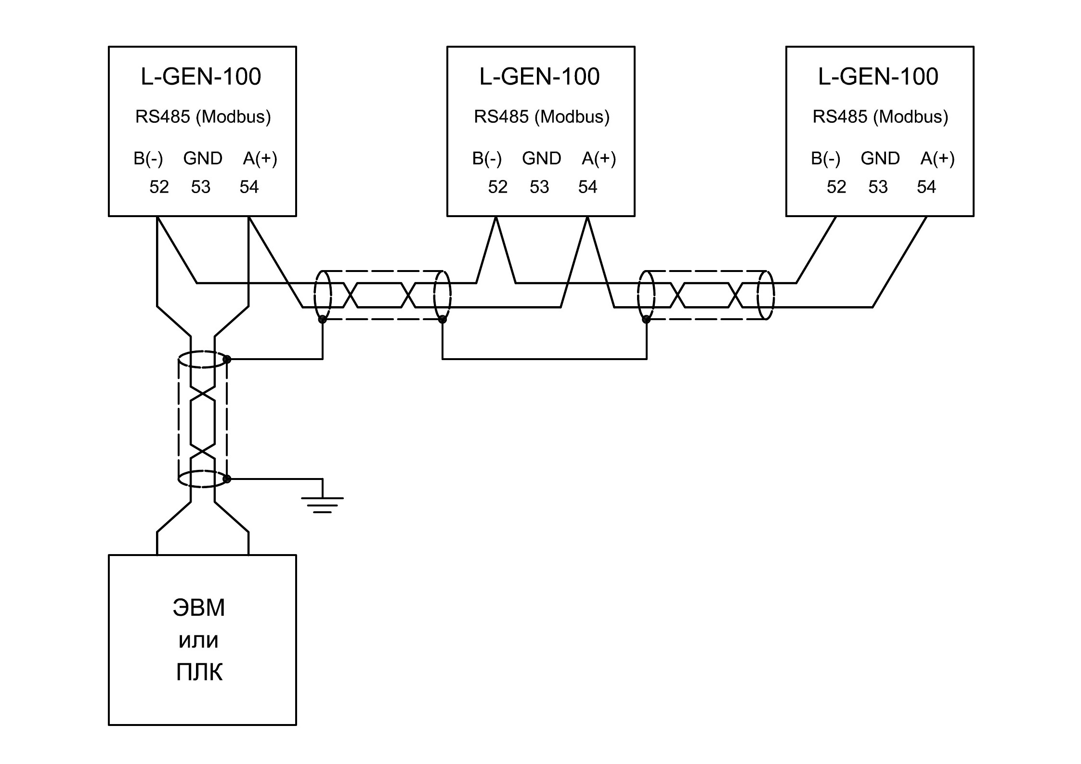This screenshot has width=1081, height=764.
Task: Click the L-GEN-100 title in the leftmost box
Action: pyautogui.click(x=201, y=77)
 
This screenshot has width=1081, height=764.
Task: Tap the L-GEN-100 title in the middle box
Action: pyautogui.click(x=539, y=77)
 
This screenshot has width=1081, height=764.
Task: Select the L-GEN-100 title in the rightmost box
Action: pyautogui.click(x=878, y=77)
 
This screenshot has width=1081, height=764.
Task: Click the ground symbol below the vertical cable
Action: pyautogui.click(x=322, y=505)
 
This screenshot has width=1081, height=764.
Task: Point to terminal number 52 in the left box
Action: pyautogui.click(x=159, y=187)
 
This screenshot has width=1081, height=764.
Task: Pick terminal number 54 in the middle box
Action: pyautogui.click(x=587, y=187)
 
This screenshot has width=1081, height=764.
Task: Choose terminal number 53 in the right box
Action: pyautogui.click(x=878, y=187)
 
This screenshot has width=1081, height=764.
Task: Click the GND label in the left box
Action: pyautogui.click(x=203, y=158)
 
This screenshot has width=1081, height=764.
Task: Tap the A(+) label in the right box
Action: pyautogui.click(x=938, y=158)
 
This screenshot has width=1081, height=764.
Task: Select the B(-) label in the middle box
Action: pyautogui.click(x=487, y=158)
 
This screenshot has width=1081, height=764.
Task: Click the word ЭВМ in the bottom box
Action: pyautogui.click(x=199, y=608)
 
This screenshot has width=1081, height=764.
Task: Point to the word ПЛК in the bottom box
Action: pyautogui.click(x=199, y=672)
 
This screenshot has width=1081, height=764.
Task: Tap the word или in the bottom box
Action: pyautogui.click(x=199, y=641)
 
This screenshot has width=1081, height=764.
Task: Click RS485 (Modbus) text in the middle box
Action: pyautogui.click(x=542, y=117)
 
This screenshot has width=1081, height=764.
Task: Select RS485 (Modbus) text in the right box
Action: pyautogui.click(x=881, y=117)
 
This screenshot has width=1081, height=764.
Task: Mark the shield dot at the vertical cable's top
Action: pyautogui.click(x=227, y=359)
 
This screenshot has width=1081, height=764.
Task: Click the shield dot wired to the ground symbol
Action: pyautogui.click(x=227, y=479)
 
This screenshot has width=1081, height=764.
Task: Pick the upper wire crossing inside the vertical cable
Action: pyautogui.click(x=203, y=394)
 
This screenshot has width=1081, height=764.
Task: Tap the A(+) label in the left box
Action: pyautogui.click(x=260, y=158)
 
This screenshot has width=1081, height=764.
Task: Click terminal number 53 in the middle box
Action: pyautogui.click(x=539, y=187)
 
